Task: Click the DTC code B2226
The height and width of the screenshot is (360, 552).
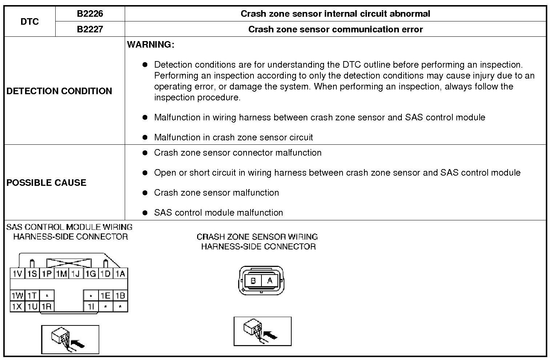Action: [x=90, y=14]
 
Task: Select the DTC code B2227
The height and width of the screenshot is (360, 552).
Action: [x=90, y=29]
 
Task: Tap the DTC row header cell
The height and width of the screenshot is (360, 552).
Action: [x=29, y=21]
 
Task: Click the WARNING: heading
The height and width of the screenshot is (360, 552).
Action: [x=151, y=44]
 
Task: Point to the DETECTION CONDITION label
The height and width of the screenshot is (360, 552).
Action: [x=59, y=91]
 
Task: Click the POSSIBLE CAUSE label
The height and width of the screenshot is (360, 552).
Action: [x=47, y=183]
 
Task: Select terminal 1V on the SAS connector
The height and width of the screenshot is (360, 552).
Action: [x=17, y=274]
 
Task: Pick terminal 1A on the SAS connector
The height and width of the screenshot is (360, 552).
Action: [x=120, y=274]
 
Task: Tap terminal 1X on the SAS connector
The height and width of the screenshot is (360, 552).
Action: [x=17, y=307]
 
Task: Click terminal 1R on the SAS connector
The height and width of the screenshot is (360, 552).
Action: [x=47, y=307]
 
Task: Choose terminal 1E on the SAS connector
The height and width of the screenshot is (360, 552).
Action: [x=105, y=296]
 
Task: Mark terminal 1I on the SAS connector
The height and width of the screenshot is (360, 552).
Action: [x=91, y=307]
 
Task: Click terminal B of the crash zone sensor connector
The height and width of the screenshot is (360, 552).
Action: [x=253, y=281]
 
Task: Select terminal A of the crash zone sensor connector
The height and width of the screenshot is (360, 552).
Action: [x=270, y=281]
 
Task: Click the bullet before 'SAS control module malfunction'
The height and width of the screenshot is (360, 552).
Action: [x=145, y=213]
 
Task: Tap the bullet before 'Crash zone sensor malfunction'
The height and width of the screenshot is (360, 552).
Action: [x=145, y=193]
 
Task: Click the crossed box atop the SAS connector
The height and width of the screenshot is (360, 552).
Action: [x=69, y=263]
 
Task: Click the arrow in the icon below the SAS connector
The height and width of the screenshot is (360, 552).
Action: [x=78, y=343]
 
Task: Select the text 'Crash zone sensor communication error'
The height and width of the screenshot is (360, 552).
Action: [x=335, y=29]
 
